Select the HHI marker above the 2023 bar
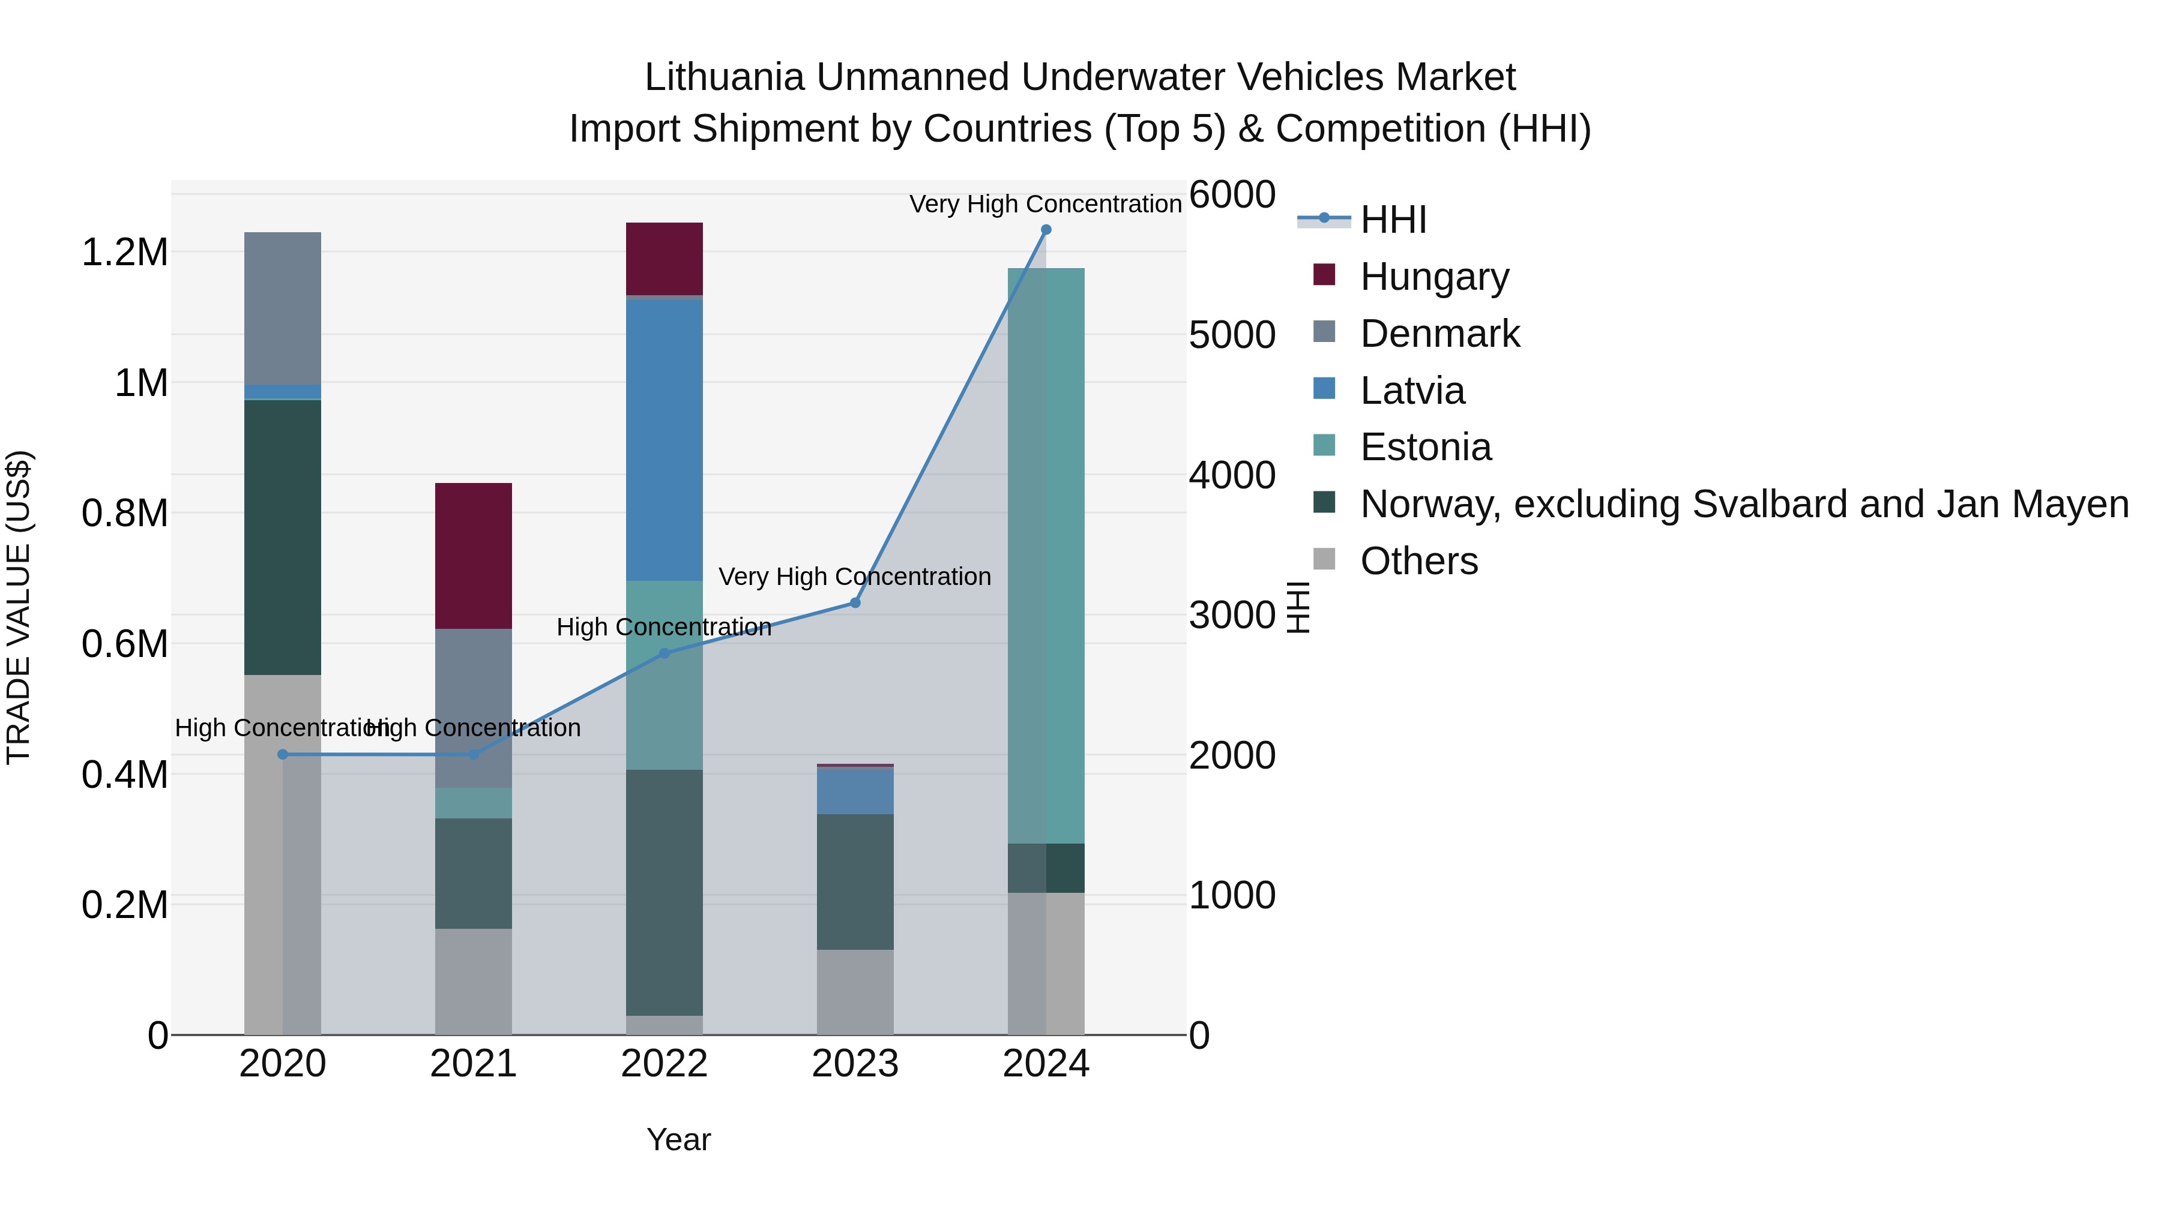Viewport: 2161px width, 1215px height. click(x=855, y=603)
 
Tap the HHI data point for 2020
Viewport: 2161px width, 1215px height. click(x=283, y=755)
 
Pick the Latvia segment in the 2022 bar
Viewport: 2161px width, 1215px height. click(x=665, y=440)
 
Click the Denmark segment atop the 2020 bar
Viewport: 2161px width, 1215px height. click(x=283, y=308)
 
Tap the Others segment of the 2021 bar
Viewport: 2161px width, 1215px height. click(x=473, y=981)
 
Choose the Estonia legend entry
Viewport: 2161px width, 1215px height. click(x=1425, y=447)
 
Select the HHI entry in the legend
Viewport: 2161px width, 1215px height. click(x=1393, y=220)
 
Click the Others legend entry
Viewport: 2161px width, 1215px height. click(x=1418, y=561)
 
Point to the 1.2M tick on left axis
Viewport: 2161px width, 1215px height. click(x=124, y=253)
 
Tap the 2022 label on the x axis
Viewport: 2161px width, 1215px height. click(x=665, y=1064)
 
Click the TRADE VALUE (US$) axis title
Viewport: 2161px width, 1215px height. click(x=19, y=607)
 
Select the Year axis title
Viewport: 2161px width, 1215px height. click(x=679, y=1139)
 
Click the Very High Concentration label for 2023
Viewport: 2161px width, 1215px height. click(x=855, y=577)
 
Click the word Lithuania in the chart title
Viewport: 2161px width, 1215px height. click(x=724, y=77)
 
